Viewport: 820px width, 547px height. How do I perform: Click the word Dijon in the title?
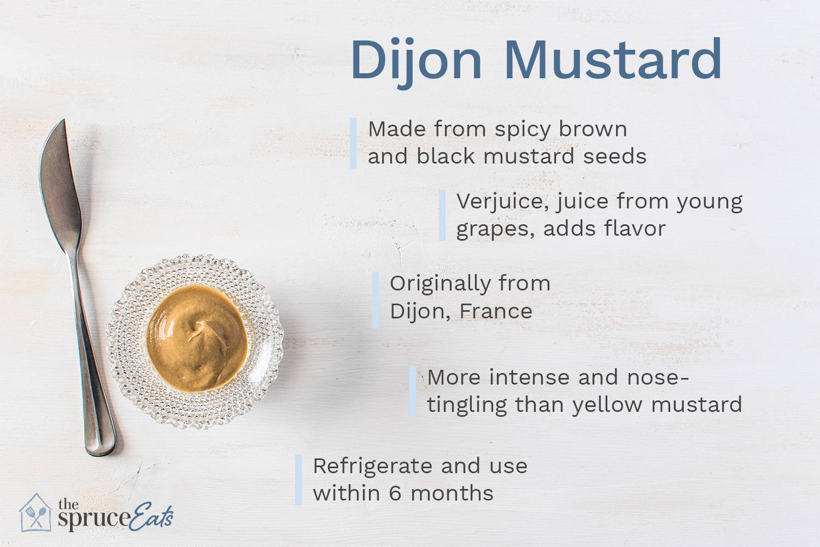415,60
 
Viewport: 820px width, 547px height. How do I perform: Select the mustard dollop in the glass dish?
197,336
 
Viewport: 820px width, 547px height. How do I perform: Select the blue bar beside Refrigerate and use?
298,480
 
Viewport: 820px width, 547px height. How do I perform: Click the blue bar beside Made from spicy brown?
353,143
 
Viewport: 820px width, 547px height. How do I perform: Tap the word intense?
526,377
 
